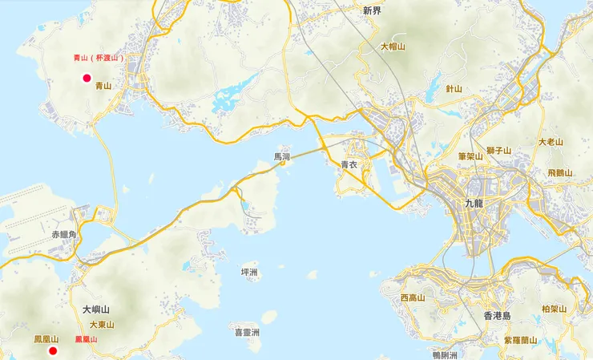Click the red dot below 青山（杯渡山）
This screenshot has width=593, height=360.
[87, 78]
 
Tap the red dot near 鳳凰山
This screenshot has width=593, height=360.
[53, 351]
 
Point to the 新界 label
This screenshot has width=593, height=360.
[372, 11]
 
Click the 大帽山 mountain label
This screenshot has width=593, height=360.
[393, 47]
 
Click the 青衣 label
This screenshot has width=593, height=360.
[349, 164]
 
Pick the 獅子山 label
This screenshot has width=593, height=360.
[498, 150]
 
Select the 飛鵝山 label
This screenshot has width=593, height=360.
[560, 172]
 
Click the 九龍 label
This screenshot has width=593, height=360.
[474, 203]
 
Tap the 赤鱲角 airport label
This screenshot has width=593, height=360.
[63, 235]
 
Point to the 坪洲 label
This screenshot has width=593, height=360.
[249, 273]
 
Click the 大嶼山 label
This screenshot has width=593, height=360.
[95, 309]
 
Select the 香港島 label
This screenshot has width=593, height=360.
[498, 316]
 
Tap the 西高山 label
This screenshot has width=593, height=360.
[413, 297]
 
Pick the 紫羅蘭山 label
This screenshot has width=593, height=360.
[522, 339]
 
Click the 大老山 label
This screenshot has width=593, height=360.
[551, 142]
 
